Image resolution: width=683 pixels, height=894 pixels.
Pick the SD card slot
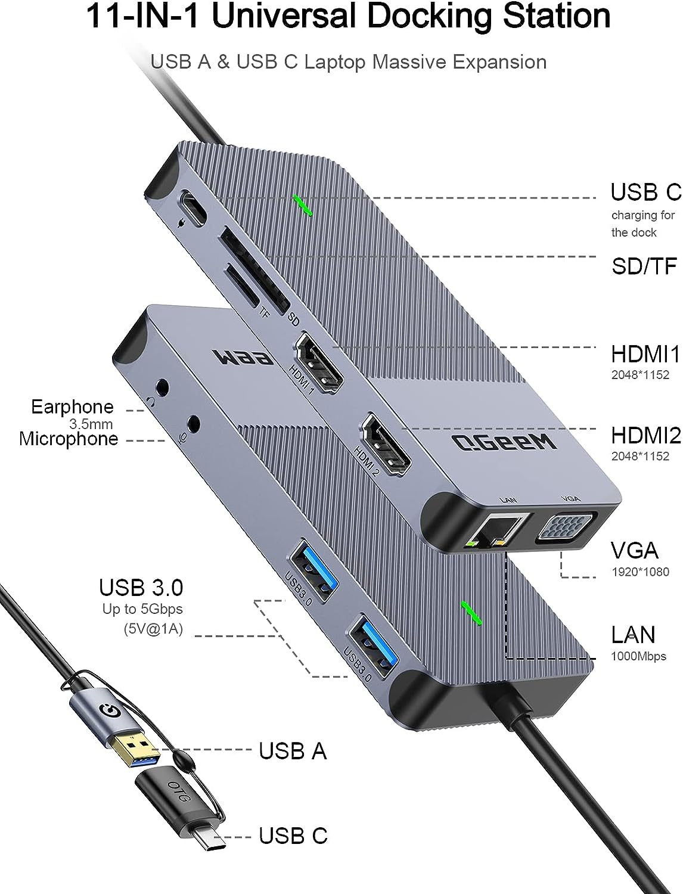[x=253, y=266]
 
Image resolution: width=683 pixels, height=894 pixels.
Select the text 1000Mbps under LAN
[x=638, y=657]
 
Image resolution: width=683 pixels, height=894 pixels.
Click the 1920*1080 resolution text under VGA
[x=640, y=572]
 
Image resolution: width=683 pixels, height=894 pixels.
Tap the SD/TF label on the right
[x=644, y=266]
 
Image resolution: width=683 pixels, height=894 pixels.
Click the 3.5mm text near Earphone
[x=91, y=424]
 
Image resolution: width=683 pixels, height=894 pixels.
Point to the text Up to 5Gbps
[x=142, y=609]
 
